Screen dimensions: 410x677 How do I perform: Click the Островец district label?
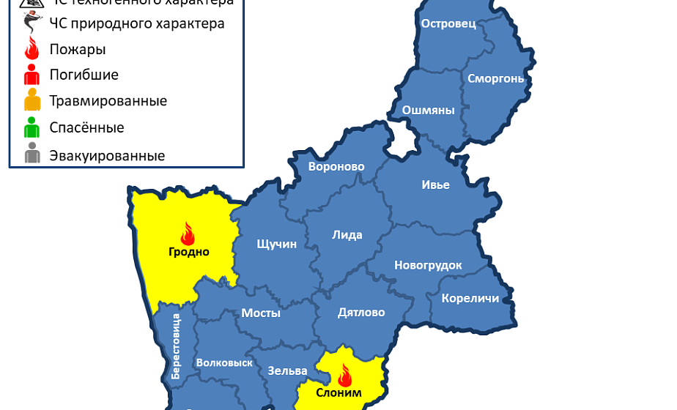pos(448,23)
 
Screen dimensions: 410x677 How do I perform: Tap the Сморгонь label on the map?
pos(495,78)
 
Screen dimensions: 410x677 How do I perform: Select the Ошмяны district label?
pos(429,111)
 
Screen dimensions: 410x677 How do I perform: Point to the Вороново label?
pos(336,167)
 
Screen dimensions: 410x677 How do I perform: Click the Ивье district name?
pos(435,184)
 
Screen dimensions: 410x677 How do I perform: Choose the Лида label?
pos(347,235)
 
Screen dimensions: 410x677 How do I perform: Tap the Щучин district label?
pos(277,244)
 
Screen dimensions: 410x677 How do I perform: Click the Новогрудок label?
pos(428,265)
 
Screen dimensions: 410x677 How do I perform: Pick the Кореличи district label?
pos(470,298)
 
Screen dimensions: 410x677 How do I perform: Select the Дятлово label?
pos(361,313)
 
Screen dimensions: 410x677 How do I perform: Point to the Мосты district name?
pos(261,313)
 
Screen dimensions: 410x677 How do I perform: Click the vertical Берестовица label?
pos(176,346)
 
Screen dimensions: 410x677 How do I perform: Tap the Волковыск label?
pos(224,362)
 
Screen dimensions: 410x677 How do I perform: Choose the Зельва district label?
pos(281,370)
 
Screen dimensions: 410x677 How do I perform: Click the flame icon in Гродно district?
pos(188,234)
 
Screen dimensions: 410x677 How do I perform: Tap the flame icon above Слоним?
pos(344,376)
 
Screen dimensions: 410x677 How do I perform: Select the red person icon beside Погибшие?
pos(32,75)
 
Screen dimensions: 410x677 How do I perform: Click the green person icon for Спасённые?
pos(32,128)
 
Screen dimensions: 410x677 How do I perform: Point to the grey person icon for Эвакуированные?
pos(32,154)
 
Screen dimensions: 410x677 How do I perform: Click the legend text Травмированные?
pos(108,101)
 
